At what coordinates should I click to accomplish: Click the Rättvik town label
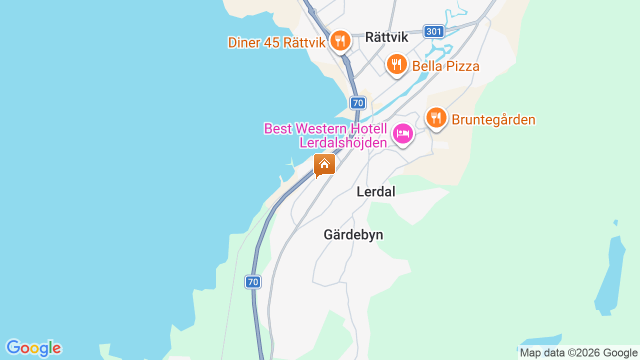tap(386, 37)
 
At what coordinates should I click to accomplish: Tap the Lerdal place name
tap(375, 191)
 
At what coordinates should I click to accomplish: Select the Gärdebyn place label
tap(353, 234)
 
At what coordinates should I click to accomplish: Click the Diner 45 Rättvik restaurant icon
tap(340, 40)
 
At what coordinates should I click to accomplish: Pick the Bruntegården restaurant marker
tap(436, 118)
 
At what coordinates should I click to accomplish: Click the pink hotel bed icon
tap(403, 134)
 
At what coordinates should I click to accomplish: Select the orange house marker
tap(324, 164)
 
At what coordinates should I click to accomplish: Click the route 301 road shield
tap(433, 32)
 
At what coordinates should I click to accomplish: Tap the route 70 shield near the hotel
tap(357, 103)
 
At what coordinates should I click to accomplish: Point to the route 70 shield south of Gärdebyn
tap(253, 282)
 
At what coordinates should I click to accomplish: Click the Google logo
tap(33, 348)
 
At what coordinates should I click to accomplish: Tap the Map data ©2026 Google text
tap(578, 353)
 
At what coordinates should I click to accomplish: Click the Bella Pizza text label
tap(445, 66)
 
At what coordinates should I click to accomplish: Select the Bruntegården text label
tap(493, 120)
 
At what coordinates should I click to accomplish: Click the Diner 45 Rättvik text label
tap(276, 42)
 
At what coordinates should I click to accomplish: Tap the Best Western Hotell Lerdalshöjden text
tap(325, 135)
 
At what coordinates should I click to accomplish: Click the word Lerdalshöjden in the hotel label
tap(343, 142)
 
